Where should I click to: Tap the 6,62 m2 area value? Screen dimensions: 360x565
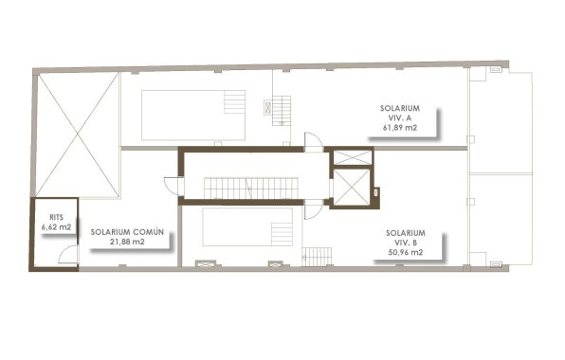point(56,228)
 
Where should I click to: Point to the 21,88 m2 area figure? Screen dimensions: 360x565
point(126,243)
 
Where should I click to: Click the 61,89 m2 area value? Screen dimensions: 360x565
point(400,127)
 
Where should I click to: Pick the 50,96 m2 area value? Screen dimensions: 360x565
point(405,253)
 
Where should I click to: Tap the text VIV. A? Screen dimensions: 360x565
point(399,117)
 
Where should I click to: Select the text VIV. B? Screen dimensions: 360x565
point(405,243)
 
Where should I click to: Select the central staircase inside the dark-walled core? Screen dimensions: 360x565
point(252,188)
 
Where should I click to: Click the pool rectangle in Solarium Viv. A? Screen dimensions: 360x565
point(192,115)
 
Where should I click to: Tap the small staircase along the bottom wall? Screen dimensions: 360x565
point(317,256)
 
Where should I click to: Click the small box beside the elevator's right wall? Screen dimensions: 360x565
point(376,193)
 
